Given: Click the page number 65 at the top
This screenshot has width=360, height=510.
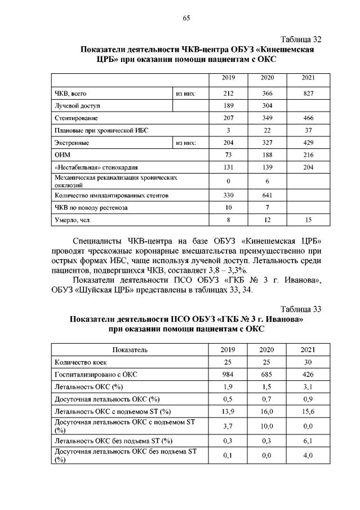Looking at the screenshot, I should [x=186, y=18].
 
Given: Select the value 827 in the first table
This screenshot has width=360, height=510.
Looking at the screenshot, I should [x=308, y=94].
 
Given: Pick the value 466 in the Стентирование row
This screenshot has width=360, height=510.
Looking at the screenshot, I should [x=308, y=118].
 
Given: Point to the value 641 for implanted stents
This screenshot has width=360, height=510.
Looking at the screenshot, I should [x=267, y=196].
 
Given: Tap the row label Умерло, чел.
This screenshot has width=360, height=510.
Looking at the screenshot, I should [x=72, y=220].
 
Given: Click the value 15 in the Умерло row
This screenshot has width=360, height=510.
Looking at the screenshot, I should [x=308, y=220].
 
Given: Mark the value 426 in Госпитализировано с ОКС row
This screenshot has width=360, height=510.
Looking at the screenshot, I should [x=308, y=375].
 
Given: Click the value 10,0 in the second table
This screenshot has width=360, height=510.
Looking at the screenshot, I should [x=267, y=427].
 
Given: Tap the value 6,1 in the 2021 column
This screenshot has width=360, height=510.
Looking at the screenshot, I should [x=308, y=441].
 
